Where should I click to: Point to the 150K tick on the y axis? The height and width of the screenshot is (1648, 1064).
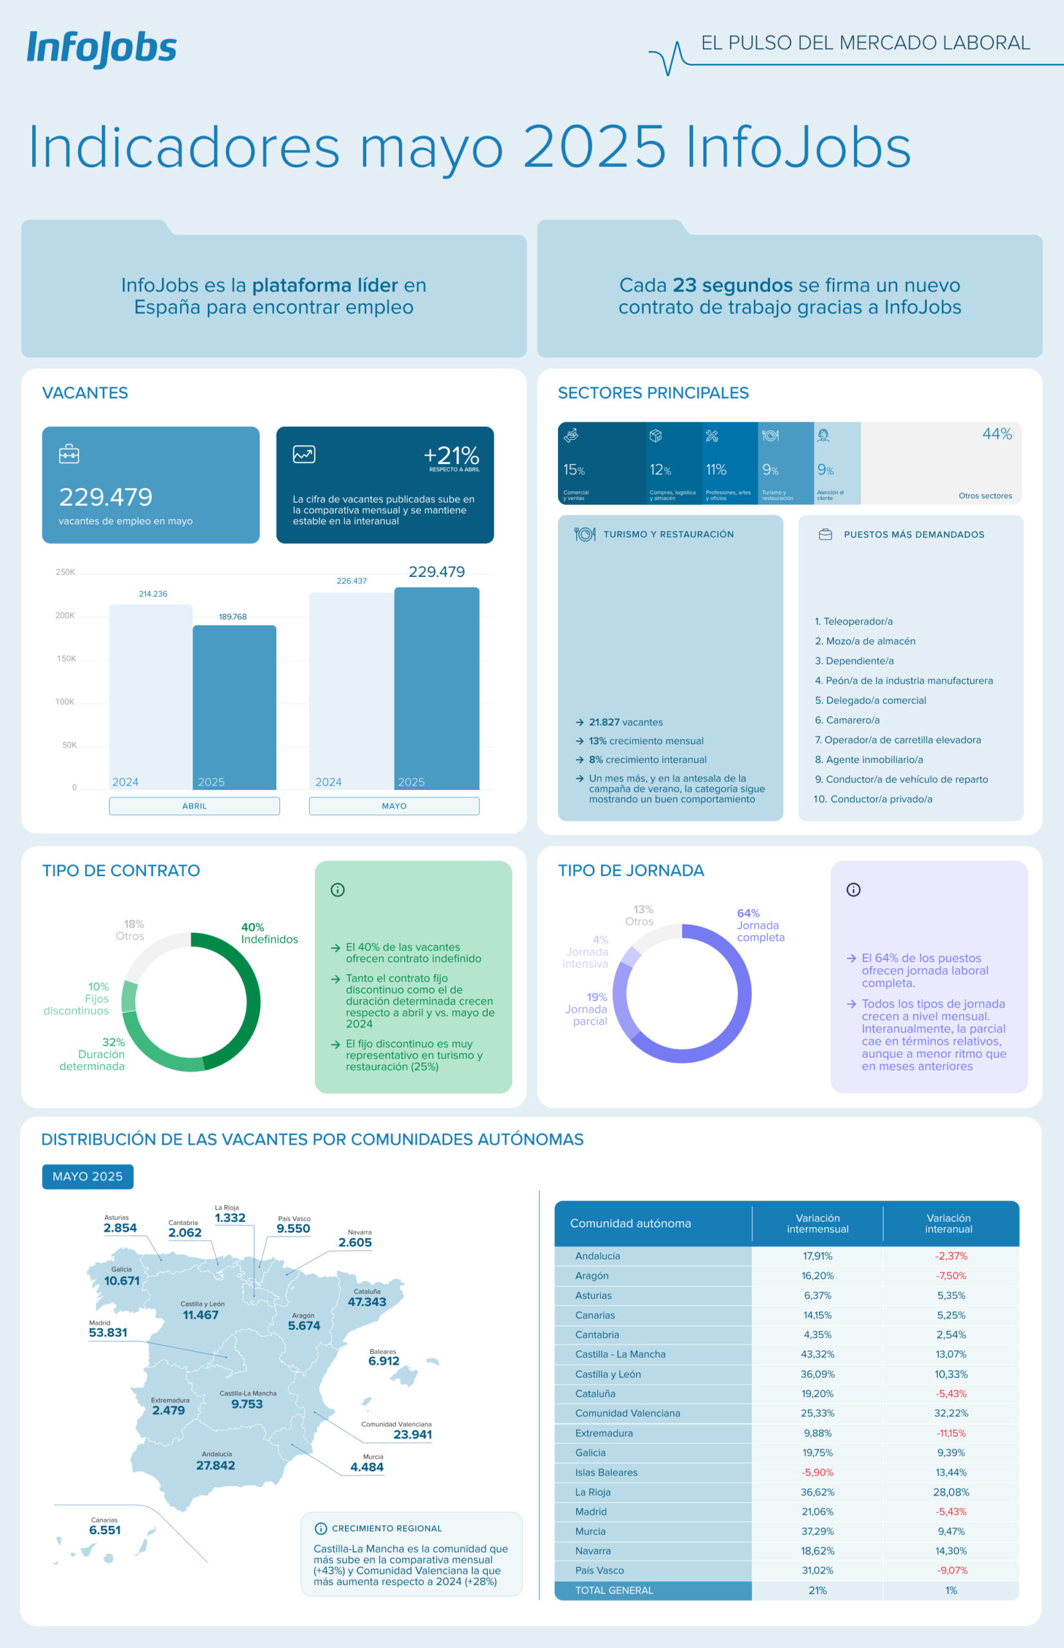[66, 659]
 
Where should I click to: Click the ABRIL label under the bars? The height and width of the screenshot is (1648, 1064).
[194, 806]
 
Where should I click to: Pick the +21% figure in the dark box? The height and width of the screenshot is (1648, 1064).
[451, 455]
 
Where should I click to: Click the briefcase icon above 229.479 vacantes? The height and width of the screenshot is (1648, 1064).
[69, 454]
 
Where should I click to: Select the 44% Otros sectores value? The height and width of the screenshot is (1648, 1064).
[996, 434]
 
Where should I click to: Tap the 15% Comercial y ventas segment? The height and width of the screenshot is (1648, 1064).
[601, 463]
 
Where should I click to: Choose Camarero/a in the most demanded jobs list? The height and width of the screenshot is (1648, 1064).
[847, 720]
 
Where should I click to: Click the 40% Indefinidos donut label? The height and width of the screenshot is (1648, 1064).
[269, 933]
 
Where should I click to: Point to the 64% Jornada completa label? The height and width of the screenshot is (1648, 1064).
[760, 924]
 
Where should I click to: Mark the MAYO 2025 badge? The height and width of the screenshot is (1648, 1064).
[88, 1176]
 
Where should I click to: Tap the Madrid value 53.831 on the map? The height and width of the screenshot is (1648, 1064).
[107, 1332]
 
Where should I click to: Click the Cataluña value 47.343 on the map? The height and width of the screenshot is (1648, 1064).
[366, 1302]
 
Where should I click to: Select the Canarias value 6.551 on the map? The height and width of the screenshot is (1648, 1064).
[105, 1530]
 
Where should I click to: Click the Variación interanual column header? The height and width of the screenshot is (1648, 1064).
[949, 1223]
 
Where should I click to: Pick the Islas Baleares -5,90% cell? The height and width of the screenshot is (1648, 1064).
[817, 1472]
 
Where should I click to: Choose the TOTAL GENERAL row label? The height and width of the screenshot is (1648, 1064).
[614, 1590]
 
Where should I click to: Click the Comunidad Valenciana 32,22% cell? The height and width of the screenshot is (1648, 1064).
[951, 1413]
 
